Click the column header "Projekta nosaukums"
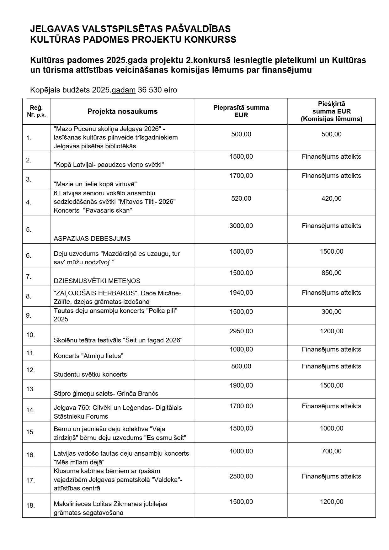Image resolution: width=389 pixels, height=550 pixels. click(x=122, y=112)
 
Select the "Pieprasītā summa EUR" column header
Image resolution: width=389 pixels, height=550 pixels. click(x=241, y=111)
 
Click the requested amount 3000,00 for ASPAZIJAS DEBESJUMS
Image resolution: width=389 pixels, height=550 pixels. click(x=241, y=226)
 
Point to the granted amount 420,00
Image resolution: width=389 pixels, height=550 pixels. click(x=331, y=198)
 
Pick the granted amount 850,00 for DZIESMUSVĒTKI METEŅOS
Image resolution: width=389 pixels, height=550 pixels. click(x=331, y=273)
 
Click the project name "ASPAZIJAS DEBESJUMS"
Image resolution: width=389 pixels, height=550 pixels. click(x=92, y=239)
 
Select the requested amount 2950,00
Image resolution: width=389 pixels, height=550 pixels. click(x=241, y=331)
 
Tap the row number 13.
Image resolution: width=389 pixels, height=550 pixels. click(x=30, y=389)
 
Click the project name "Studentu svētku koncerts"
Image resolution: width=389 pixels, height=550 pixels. click(x=90, y=374)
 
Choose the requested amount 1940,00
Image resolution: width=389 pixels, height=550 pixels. click(x=241, y=293)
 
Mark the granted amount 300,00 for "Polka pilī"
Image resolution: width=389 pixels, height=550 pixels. click(x=331, y=312)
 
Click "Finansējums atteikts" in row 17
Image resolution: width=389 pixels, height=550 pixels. click(x=331, y=476)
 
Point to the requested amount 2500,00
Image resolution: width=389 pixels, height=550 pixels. click(x=241, y=476)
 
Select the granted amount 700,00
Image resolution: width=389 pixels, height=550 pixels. click(x=331, y=451)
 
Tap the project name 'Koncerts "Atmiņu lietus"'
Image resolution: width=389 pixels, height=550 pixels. click(x=88, y=356)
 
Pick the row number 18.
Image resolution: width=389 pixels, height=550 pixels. click(x=30, y=505)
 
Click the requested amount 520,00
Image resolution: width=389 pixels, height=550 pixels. click(x=241, y=198)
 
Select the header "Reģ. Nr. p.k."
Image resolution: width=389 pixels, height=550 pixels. click(x=36, y=111)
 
